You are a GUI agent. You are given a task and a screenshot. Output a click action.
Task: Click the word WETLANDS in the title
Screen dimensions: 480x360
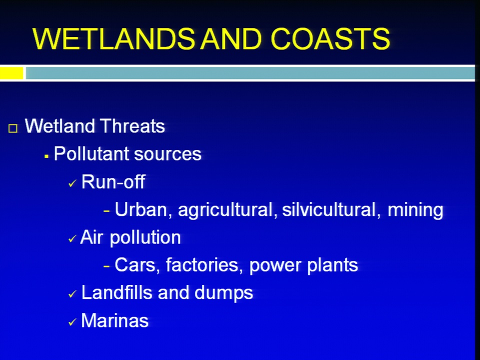click(113, 39)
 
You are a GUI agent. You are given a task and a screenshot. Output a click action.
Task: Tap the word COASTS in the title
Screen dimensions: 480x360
click(330, 39)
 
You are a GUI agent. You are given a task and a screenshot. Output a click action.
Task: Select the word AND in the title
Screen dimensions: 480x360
click(231, 39)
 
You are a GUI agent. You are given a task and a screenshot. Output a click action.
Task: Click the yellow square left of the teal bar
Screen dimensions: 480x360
click(11, 73)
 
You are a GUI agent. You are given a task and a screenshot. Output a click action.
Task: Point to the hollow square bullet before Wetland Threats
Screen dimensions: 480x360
click(13, 128)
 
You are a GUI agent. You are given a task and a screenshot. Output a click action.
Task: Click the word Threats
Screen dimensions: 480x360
click(132, 126)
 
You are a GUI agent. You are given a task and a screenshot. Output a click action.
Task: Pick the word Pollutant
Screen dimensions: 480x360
click(92, 153)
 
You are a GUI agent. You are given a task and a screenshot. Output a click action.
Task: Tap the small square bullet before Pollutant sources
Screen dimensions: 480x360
click(46, 156)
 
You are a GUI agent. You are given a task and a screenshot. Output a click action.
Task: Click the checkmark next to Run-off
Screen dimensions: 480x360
click(72, 183)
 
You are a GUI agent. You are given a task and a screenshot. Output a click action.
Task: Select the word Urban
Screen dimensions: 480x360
click(141, 209)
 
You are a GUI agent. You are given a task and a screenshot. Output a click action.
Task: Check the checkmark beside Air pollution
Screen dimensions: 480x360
click(72, 238)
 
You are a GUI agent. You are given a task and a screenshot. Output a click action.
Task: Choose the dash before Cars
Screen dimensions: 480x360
click(106, 266)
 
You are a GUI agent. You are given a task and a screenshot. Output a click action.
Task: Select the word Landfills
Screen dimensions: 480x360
click(116, 292)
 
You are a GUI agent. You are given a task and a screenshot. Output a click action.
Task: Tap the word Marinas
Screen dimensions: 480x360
click(115, 320)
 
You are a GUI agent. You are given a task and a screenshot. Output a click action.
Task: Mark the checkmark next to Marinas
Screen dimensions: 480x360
click(72, 321)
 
